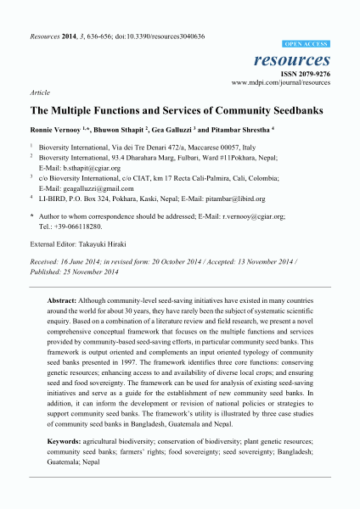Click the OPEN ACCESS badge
click(307, 42)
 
